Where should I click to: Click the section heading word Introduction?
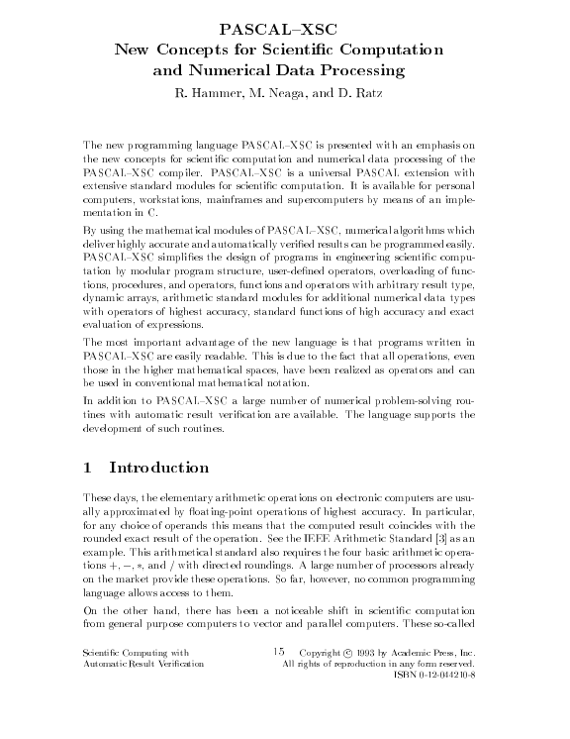point(159,467)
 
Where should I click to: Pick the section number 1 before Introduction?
point(88,467)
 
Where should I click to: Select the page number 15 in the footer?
point(279,652)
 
